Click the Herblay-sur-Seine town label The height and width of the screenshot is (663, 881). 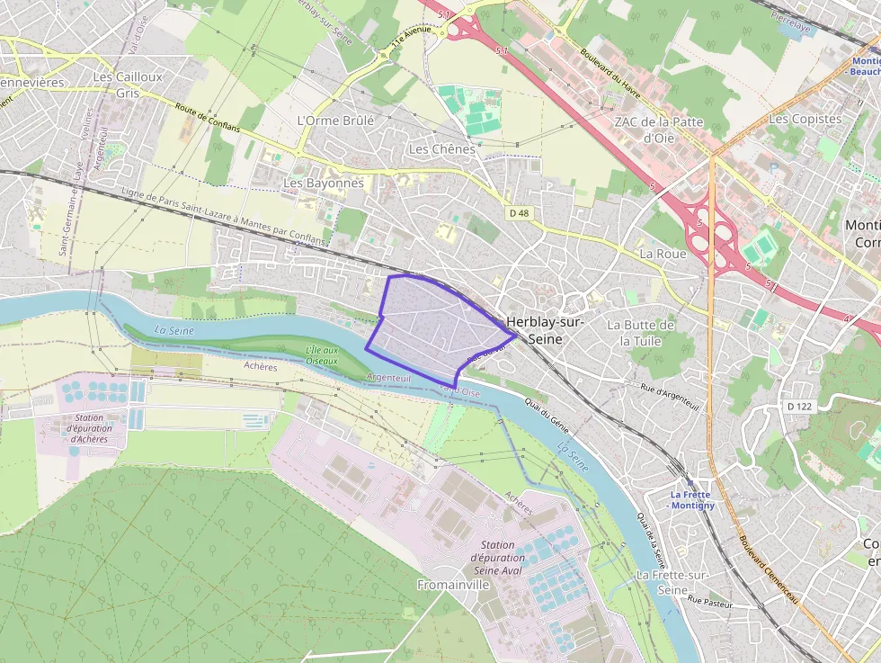(546, 330)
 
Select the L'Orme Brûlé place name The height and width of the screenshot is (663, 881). (334, 120)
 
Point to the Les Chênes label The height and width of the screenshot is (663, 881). (440, 148)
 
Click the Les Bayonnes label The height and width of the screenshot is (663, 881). (324, 183)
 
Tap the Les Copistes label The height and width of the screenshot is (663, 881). (805, 119)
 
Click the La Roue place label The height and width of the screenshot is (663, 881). (663, 254)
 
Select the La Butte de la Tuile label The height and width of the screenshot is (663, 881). (641, 333)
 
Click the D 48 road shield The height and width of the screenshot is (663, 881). (519, 213)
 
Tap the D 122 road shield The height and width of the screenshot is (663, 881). (799, 407)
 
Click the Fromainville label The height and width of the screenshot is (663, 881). (453, 585)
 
